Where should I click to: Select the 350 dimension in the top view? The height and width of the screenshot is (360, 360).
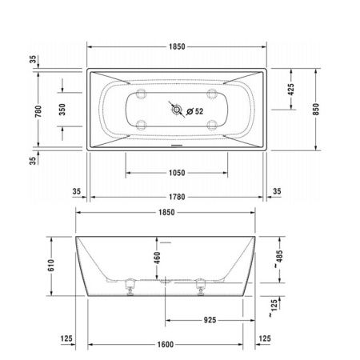coord(63,110)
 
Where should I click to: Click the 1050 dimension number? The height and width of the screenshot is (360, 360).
coord(176,173)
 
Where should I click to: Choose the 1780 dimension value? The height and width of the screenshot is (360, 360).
coord(176,192)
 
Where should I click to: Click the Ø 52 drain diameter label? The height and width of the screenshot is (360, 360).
coord(194,111)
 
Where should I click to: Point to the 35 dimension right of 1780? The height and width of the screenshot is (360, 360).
coord(277,192)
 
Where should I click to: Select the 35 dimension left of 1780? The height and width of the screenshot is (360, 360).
coord(76,192)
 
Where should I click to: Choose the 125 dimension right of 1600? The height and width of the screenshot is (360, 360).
coord(266,339)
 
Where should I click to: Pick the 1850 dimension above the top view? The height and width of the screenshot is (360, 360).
coord(176,47)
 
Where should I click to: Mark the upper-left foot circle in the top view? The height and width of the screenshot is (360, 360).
coord(142,94)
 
